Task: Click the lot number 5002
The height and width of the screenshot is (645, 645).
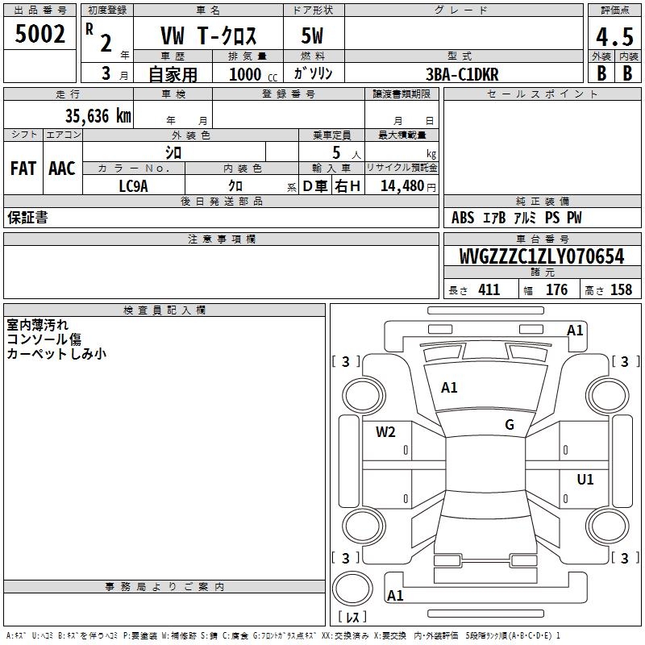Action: tap(40, 35)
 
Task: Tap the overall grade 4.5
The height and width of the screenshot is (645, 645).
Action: tap(614, 38)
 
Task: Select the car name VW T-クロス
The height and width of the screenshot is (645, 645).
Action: tap(207, 38)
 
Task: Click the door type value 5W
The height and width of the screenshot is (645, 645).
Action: tap(313, 38)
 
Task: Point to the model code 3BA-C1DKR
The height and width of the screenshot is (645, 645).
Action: tap(462, 74)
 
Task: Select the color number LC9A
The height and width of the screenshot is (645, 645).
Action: tap(134, 185)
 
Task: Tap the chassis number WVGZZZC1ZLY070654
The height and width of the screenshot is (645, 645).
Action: tap(542, 256)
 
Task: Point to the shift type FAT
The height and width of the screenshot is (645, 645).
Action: tap(23, 169)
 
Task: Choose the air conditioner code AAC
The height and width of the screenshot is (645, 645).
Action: tap(62, 169)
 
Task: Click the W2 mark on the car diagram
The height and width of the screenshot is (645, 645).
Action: tap(385, 432)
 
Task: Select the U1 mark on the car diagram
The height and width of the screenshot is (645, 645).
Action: tap(585, 480)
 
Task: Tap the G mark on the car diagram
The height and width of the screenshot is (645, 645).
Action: tap(510, 425)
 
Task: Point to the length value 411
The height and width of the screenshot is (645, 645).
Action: tap(489, 290)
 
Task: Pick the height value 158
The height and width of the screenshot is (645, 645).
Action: tap(621, 290)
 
